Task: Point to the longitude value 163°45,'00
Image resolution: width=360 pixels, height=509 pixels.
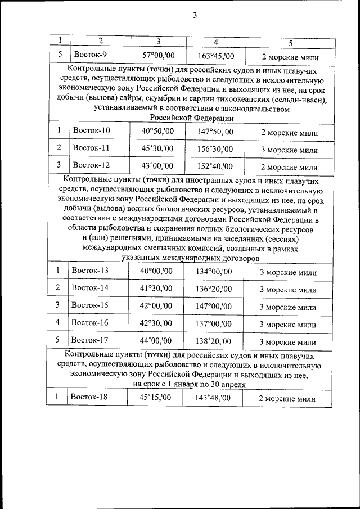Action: pos(216,56)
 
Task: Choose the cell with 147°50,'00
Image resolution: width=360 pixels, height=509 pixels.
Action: pos(214,132)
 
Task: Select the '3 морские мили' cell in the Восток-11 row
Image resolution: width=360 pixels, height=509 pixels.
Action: pos(289,150)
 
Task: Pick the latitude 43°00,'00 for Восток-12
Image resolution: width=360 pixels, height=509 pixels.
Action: pos(157,166)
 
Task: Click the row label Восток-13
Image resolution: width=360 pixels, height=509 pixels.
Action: pos(90,271)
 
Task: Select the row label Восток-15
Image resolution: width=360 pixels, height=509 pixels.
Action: pos(90,305)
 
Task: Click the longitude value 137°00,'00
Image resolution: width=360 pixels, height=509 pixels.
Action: pos(214,324)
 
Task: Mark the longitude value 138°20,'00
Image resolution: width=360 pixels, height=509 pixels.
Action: pos(214,341)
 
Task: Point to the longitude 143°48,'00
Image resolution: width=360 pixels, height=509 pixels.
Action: pos(214,398)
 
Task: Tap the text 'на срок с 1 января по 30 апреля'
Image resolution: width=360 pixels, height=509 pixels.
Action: pos(189,383)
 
